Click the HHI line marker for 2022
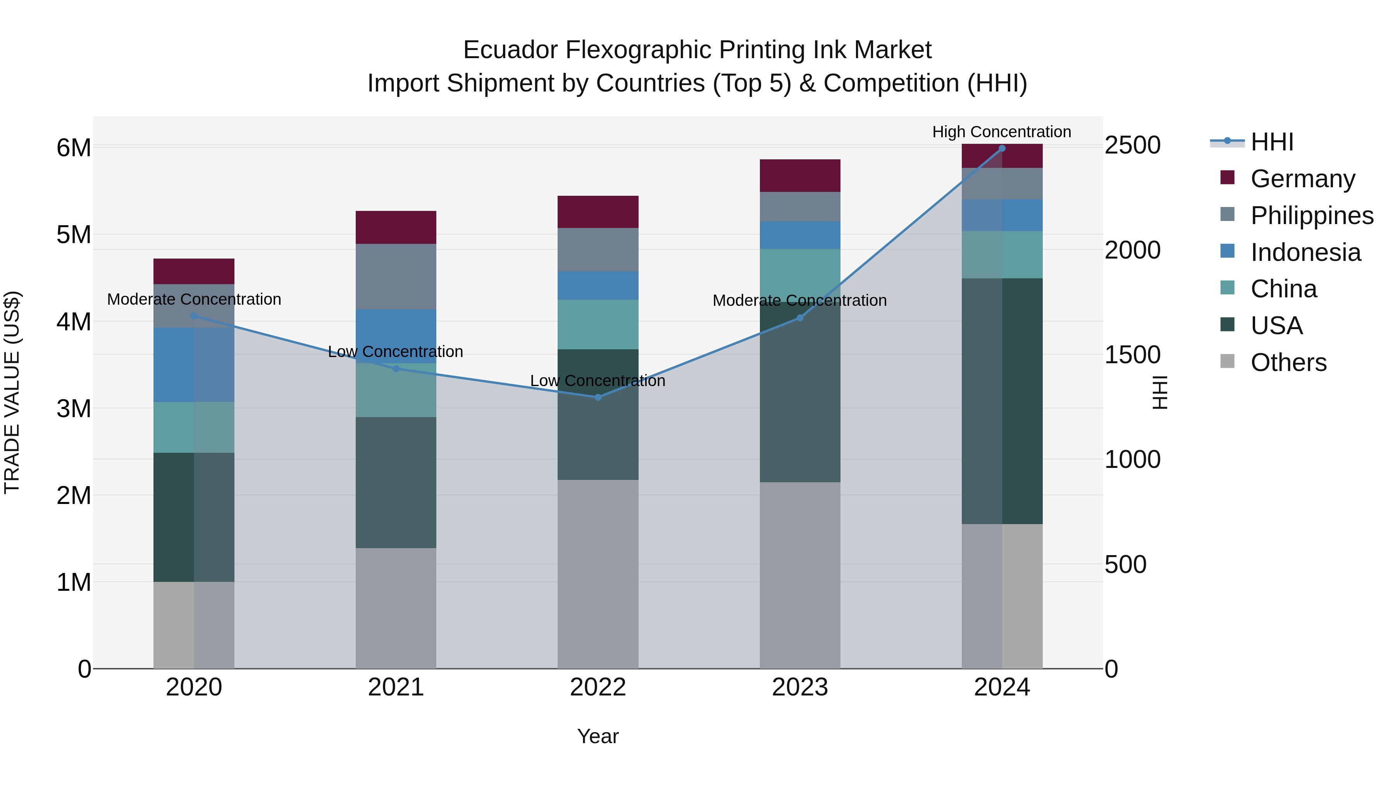[598, 397]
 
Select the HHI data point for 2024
[1002, 148]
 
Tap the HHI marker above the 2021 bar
[396, 368]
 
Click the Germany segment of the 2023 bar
[800, 176]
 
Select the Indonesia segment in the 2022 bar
[598, 285]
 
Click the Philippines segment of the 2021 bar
[396, 276]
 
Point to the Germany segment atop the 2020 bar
[194, 271]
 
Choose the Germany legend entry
[1302, 179]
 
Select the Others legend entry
[1288, 362]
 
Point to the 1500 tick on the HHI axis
[1132, 355]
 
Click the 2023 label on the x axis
[800, 687]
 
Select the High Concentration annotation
[1001, 132]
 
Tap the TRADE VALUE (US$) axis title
[12, 392]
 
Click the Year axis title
[598, 736]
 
